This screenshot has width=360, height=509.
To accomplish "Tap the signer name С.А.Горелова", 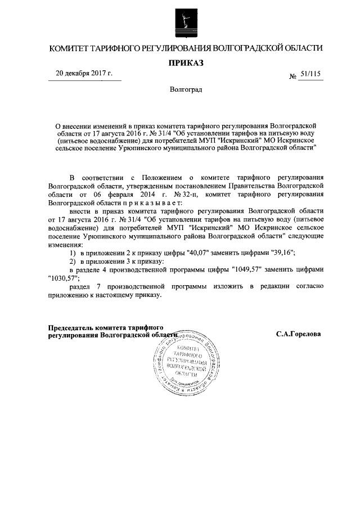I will pyautogui.click(x=299, y=334).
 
